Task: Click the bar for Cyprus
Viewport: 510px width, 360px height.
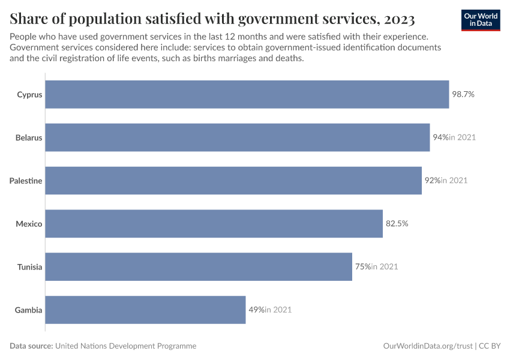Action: point(247,94)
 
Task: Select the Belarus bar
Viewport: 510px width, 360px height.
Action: point(237,137)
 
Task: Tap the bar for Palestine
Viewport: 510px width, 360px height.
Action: point(233,181)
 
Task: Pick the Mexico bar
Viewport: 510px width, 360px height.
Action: point(214,224)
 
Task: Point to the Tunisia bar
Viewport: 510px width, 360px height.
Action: point(199,267)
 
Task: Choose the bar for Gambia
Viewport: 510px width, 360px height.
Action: point(145,310)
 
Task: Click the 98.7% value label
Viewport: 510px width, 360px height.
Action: point(463,94)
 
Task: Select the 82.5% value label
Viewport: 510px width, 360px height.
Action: point(397,224)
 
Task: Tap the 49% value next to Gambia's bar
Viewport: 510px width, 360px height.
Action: point(256,310)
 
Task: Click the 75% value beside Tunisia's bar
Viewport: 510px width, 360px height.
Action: point(362,267)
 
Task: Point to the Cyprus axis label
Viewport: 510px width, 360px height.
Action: point(29,94)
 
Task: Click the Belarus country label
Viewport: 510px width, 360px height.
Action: point(29,137)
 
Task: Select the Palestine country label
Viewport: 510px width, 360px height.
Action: point(26,181)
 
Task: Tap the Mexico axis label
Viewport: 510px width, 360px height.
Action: point(29,224)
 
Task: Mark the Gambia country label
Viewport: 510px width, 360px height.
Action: point(29,310)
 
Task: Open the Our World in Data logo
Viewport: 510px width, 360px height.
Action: point(480,20)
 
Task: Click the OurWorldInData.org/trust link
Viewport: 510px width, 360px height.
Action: point(427,346)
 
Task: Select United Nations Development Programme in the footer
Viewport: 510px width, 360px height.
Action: point(125,346)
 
